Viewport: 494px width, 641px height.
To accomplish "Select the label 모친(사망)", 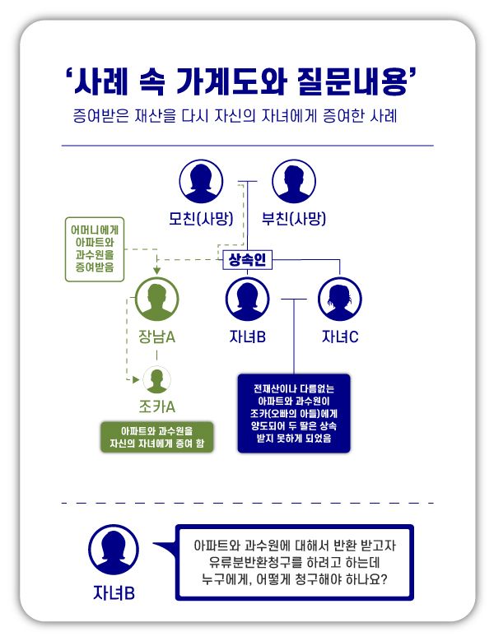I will pos(202,218).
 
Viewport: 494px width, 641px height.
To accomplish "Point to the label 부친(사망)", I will pos(294,218).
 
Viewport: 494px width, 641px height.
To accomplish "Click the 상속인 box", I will pos(247,260).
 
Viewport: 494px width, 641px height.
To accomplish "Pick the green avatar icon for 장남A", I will pos(156,300).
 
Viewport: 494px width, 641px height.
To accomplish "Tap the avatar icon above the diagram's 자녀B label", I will pos(247,300).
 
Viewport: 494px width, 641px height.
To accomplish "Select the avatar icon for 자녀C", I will pos(340,300).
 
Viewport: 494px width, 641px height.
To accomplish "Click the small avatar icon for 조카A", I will pos(156,379).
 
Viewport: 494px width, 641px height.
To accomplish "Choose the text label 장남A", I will pos(156,337).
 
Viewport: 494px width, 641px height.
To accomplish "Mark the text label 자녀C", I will pos(340,337).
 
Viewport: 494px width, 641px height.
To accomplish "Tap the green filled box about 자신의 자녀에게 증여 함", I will pos(156,438).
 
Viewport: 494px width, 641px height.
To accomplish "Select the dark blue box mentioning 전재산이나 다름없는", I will pos(294,412).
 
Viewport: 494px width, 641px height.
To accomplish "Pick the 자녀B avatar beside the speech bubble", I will pos(113,550).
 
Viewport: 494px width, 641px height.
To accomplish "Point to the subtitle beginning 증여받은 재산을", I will pos(234,116).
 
